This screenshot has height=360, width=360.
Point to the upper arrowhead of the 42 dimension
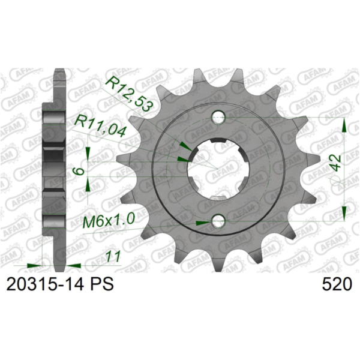pos(344,125)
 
